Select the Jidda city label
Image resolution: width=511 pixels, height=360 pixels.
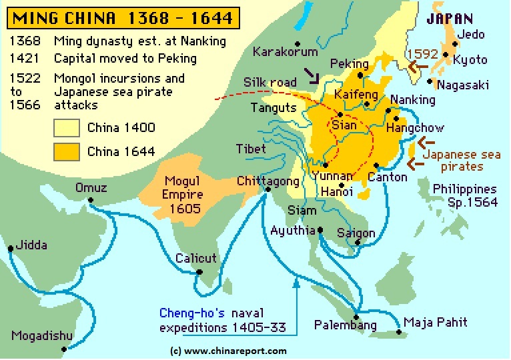click(x=33, y=245)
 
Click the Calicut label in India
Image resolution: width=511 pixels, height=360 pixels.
click(x=195, y=258)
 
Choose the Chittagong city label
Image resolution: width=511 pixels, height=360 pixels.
click(x=266, y=181)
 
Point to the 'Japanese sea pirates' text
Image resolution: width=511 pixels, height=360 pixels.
click(x=462, y=160)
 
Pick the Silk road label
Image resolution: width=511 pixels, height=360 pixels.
click(x=270, y=82)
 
